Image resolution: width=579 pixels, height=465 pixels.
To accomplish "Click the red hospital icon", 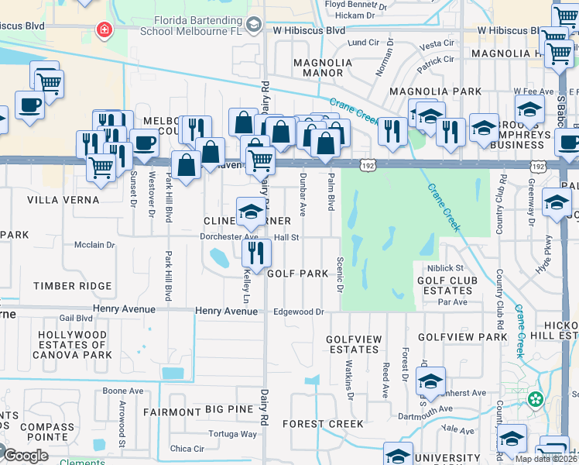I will click(102, 30).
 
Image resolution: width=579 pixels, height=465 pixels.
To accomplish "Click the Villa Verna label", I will click(53, 200).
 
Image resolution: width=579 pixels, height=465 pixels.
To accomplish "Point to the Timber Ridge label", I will click(72, 286).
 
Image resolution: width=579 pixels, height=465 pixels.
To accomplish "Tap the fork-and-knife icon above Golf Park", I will click(256, 252).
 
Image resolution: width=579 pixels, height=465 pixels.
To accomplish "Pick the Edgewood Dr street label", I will click(297, 312).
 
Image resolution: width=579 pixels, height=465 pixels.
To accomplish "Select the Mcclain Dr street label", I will click(94, 245).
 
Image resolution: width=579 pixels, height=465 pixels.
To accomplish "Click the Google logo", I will click(26, 456).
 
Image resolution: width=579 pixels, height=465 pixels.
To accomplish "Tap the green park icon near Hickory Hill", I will click(534, 400).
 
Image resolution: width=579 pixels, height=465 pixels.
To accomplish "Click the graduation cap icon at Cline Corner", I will click(251, 211).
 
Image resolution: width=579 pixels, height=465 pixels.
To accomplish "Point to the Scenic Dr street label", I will click(339, 275).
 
